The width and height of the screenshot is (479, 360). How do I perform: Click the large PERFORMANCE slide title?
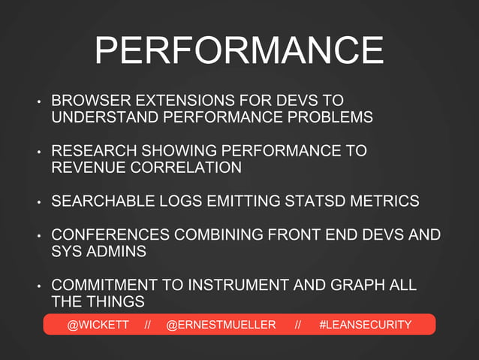(x=239, y=51)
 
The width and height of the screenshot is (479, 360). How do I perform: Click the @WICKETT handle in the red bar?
(x=98, y=325)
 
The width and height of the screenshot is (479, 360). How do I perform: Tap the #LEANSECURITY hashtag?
(x=366, y=325)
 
